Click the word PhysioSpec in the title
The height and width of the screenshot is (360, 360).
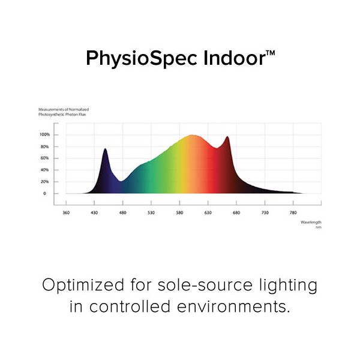pos(136,58)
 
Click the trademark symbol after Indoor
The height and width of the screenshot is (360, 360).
pos(271,53)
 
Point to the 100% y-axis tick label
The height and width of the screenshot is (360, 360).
pos(44,134)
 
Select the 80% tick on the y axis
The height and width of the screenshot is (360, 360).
pos(45,146)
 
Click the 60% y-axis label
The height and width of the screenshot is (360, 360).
pos(45,158)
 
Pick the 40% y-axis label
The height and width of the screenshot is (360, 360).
pos(45,170)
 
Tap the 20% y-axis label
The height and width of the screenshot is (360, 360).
pos(45,181)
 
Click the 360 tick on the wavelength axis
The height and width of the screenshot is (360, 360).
pos(66,212)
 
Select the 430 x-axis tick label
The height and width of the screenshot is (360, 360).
pos(94,212)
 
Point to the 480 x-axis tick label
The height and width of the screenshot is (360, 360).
pos(122,212)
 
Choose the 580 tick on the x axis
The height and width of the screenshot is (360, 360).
pos(179,212)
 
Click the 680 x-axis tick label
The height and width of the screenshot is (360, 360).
pos(236,212)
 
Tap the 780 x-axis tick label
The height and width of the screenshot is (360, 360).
pos(293,212)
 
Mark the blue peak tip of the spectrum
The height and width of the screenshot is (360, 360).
pos(105,149)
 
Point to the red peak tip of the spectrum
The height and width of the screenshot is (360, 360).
pos(227,137)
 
